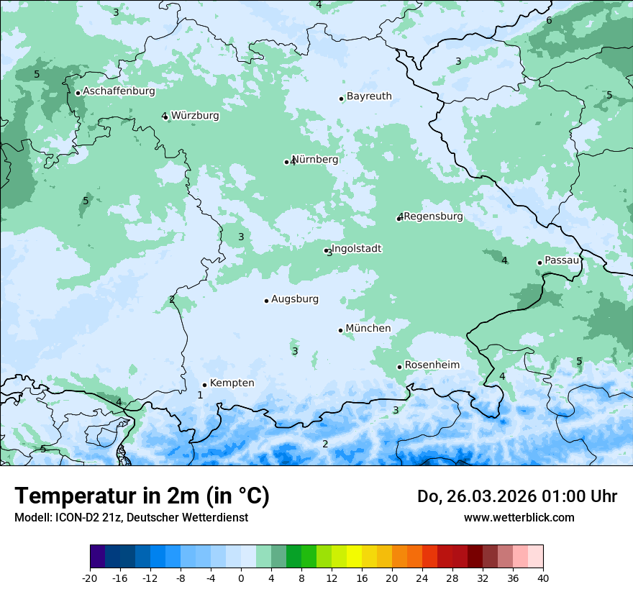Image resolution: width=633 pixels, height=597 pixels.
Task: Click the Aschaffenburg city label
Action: pos(119,91)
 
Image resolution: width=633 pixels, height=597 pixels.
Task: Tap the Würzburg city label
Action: pos(195,115)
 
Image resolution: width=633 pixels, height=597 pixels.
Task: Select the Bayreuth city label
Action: pos(369,96)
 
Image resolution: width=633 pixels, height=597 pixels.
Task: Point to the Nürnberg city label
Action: pos(315,160)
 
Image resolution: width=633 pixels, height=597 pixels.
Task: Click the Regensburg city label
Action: pos(433,217)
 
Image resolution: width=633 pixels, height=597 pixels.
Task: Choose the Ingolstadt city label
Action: pos(356,249)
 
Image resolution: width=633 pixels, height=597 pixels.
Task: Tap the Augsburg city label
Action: pos(294,299)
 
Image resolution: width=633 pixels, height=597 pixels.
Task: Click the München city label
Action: pos(368,329)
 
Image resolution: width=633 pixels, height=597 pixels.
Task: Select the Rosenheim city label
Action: pos(432,365)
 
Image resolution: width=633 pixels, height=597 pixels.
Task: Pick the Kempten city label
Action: pos(232,383)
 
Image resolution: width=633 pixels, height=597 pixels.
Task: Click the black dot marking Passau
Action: pos(539,263)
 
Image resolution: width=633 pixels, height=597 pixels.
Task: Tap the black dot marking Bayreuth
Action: pos(342,99)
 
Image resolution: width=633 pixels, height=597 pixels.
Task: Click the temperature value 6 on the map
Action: pos(549,20)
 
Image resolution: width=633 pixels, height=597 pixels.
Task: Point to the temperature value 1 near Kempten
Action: pos(200,395)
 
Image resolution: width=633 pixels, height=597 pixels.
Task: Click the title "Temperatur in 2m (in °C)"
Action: pos(142,496)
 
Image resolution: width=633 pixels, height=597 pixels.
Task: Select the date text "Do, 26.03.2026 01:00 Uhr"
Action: pos(517,496)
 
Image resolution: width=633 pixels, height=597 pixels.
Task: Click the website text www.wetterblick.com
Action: pos(519,517)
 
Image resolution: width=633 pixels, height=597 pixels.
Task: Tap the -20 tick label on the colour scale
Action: pos(90,578)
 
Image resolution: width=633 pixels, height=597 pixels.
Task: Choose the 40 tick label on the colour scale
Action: pos(542,578)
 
